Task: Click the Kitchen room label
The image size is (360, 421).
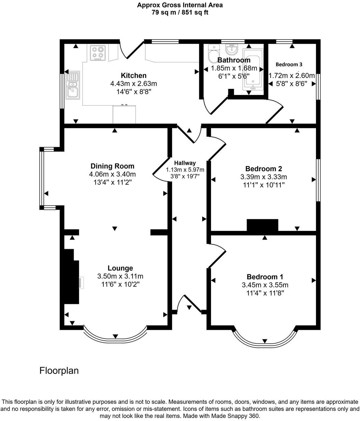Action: [133, 75]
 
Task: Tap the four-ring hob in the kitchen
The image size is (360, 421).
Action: [98, 53]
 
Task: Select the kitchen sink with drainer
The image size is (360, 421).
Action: [73, 85]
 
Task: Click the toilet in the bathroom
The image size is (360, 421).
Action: [213, 54]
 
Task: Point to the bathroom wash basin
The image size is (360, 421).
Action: [231, 50]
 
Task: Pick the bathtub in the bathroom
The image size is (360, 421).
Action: [253, 69]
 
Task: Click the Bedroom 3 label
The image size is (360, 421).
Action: [289, 64]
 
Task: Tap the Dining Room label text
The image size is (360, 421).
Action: [112, 166]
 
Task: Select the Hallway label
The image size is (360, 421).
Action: [185, 163]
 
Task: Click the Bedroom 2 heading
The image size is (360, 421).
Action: [264, 169]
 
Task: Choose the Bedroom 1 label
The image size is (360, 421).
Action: [265, 277]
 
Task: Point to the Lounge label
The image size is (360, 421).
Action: [120, 268]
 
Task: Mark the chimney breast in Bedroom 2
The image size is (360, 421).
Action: [262, 225]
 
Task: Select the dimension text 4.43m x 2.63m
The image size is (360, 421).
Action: [133, 84]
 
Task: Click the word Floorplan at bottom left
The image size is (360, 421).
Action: [59, 371]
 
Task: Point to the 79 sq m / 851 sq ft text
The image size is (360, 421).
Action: [180, 12]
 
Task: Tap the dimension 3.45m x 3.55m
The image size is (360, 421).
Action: [265, 285]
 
